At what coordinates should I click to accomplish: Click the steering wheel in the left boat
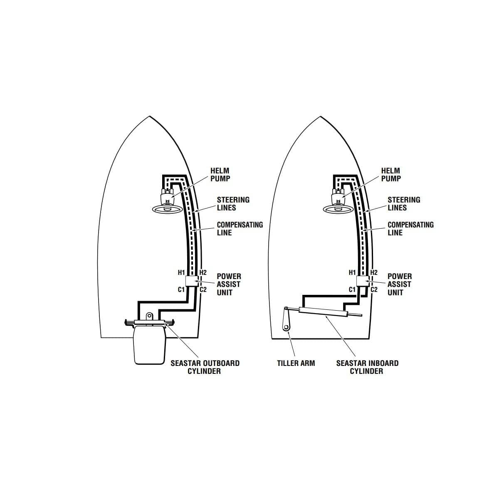pyautogui.click(x=167, y=209)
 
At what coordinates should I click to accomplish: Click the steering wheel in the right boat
pyautogui.click(x=338, y=209)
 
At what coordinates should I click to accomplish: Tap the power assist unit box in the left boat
pyautogui.click(x=191, y=281)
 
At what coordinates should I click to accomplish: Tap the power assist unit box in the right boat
pyautogui.click(x=362, y=281)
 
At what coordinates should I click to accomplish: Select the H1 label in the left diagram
pyautogui.click(x=181, y=273)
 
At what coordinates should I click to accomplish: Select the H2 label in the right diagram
pyautogui.click(x=374, y=273)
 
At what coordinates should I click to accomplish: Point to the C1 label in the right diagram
pyautogui.click(x=352, y=289)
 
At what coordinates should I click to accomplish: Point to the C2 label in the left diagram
pyautogui.click(x=203, y=289)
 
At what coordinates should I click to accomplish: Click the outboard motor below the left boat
pyautogui.click(x=149, y=345)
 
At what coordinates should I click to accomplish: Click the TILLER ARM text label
pyautogui.click(x=296, y=363)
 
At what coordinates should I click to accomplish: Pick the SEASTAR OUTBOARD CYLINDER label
pyautogui.click(x=205, y=367)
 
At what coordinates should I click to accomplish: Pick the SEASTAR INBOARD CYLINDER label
pyautogui.click(x=367, y=367)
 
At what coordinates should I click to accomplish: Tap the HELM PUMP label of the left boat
pyautogui.click(x=220, y=175)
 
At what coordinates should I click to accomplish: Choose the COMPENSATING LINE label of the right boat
pyautogui.click(x=410, y=229)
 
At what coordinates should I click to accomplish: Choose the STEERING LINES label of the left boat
pyautogui.click(x=233, y=204)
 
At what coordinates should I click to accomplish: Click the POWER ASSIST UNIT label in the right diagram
pyautogui.click(x=399, y=284)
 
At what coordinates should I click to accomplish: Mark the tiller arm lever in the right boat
pyautogui.click(x=287, y=319)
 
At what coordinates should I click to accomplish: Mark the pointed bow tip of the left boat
pyautogui.click(x=149, y=116)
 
